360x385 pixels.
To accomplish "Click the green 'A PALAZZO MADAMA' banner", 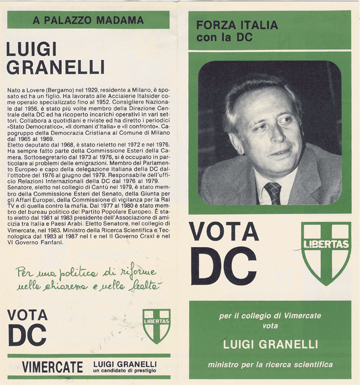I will click(x=88, y=21).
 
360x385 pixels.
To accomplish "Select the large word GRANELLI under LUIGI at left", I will click(x=55, y=67).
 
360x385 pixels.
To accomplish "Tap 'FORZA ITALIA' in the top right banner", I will click(x=237, y=25).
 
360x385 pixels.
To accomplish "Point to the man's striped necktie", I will click(x=273, y=193).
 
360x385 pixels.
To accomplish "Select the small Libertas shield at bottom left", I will click(x=156, y=325).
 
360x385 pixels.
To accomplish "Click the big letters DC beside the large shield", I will click(x=224, y=266).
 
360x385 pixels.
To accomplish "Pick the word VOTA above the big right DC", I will click(x=224, y=232).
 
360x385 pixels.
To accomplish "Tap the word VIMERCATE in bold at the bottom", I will click(x=52, y=367).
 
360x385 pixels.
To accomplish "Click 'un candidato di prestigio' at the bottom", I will click(x=125, y=371).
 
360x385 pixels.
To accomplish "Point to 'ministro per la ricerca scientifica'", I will click(x=270, y=365).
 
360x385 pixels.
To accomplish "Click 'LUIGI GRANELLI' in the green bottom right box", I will click(x=270, y=344).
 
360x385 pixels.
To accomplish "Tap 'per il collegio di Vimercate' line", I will click(x=270, y=316).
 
